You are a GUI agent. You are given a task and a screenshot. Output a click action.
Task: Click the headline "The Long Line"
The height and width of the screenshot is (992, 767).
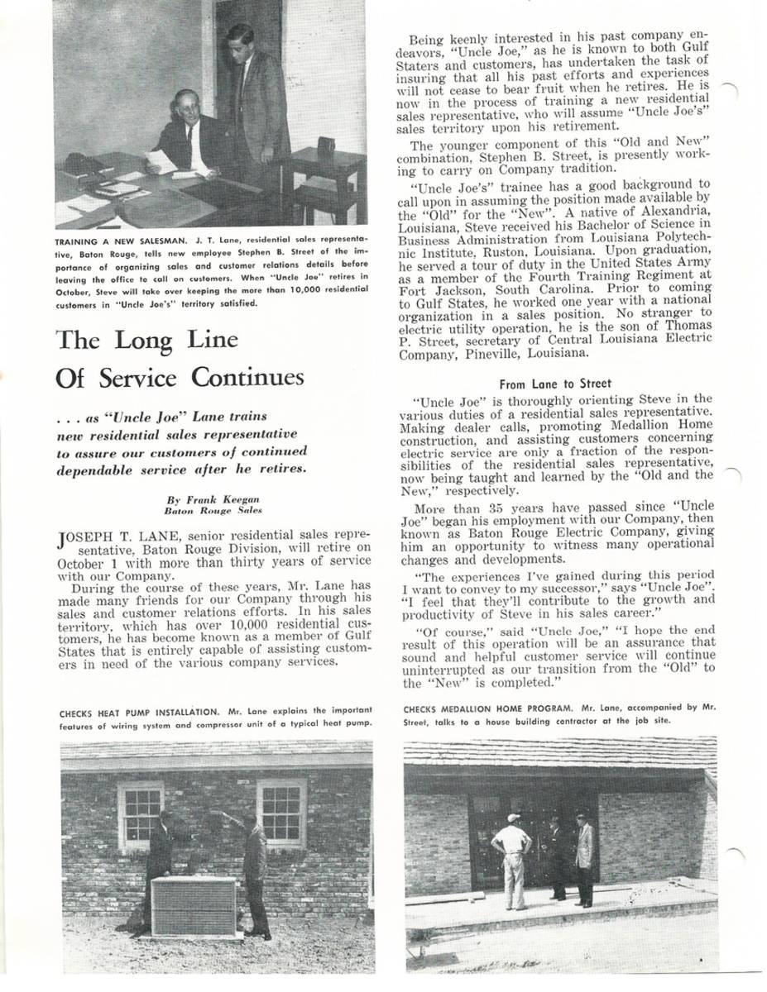pos(146,340)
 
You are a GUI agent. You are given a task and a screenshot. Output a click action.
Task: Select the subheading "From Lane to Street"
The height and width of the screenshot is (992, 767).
pos(556,384)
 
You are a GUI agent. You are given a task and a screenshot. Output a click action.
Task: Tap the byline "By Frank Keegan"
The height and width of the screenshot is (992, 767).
pos(202,499)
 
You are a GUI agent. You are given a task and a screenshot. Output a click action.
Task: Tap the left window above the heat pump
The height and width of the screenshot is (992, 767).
pos(140,814)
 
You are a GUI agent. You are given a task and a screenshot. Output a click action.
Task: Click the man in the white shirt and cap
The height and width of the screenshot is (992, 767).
pos(512,860)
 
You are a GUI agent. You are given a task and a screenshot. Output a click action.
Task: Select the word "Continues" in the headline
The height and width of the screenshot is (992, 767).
pos(248,378)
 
